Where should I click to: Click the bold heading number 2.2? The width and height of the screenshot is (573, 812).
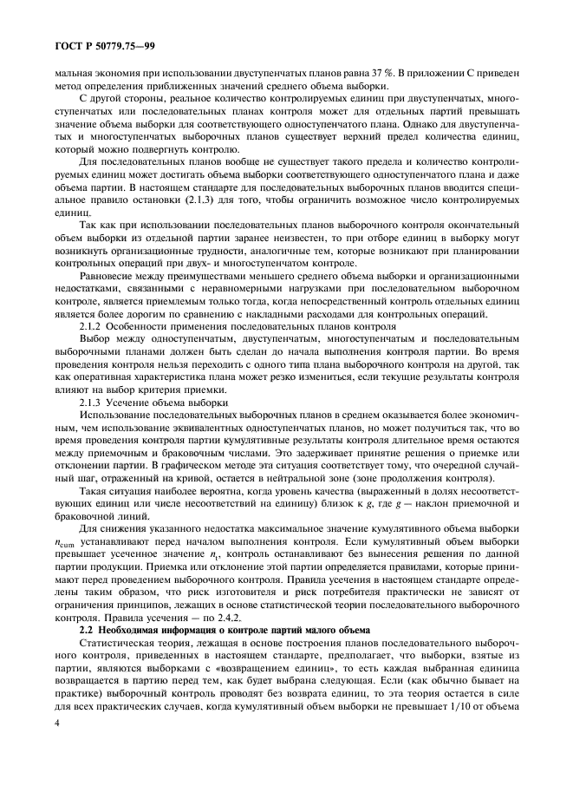pos(87,618)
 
